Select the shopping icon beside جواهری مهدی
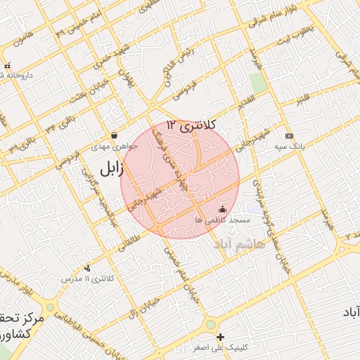pos(114,135)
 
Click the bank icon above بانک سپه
pos(288,136)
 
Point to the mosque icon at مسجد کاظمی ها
pos(223,208)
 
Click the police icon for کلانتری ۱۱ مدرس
pos(87,268)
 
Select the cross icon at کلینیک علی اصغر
pos(221,337)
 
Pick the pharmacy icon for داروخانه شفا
pos(7,66)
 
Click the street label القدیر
pos(233,105)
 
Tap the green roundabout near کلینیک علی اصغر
pos(210,324)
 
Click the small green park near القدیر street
pos(258,82)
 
